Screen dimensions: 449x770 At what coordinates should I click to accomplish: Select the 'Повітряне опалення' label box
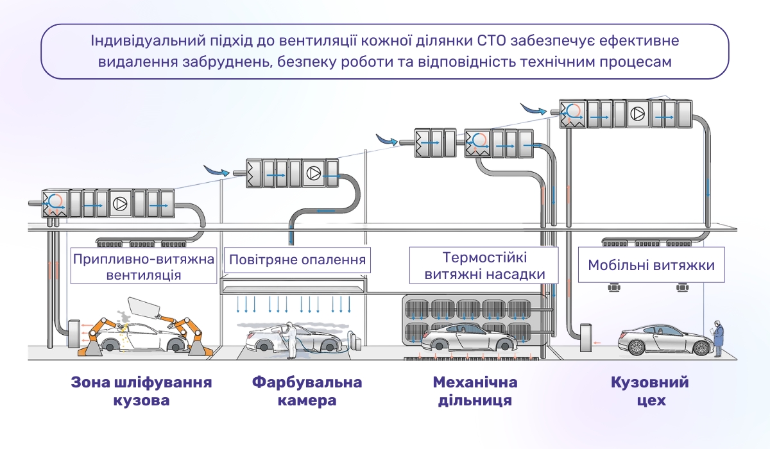point(297,260)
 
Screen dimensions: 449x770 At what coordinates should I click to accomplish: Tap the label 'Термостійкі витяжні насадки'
point(484,266)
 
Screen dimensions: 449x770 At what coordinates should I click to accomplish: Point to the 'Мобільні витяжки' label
point(651,264)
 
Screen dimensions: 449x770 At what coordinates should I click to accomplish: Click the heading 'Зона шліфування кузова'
point(141,392)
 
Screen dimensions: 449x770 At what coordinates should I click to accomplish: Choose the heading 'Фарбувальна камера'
point(307,392)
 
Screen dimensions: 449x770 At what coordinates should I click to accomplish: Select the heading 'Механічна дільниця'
point(475,392)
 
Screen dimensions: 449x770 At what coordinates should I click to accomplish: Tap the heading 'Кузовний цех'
point(649,392)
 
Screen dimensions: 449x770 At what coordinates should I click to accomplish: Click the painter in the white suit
point(292,338)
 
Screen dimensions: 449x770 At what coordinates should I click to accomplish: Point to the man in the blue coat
point(718,339)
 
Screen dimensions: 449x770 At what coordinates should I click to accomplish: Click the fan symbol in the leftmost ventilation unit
point(120,203)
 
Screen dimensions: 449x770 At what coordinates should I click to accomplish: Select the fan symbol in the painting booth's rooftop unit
point(314,173)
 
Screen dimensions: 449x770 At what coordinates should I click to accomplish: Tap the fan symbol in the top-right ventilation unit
point(637,114)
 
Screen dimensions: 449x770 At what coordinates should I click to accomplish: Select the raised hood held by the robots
point(144,307)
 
